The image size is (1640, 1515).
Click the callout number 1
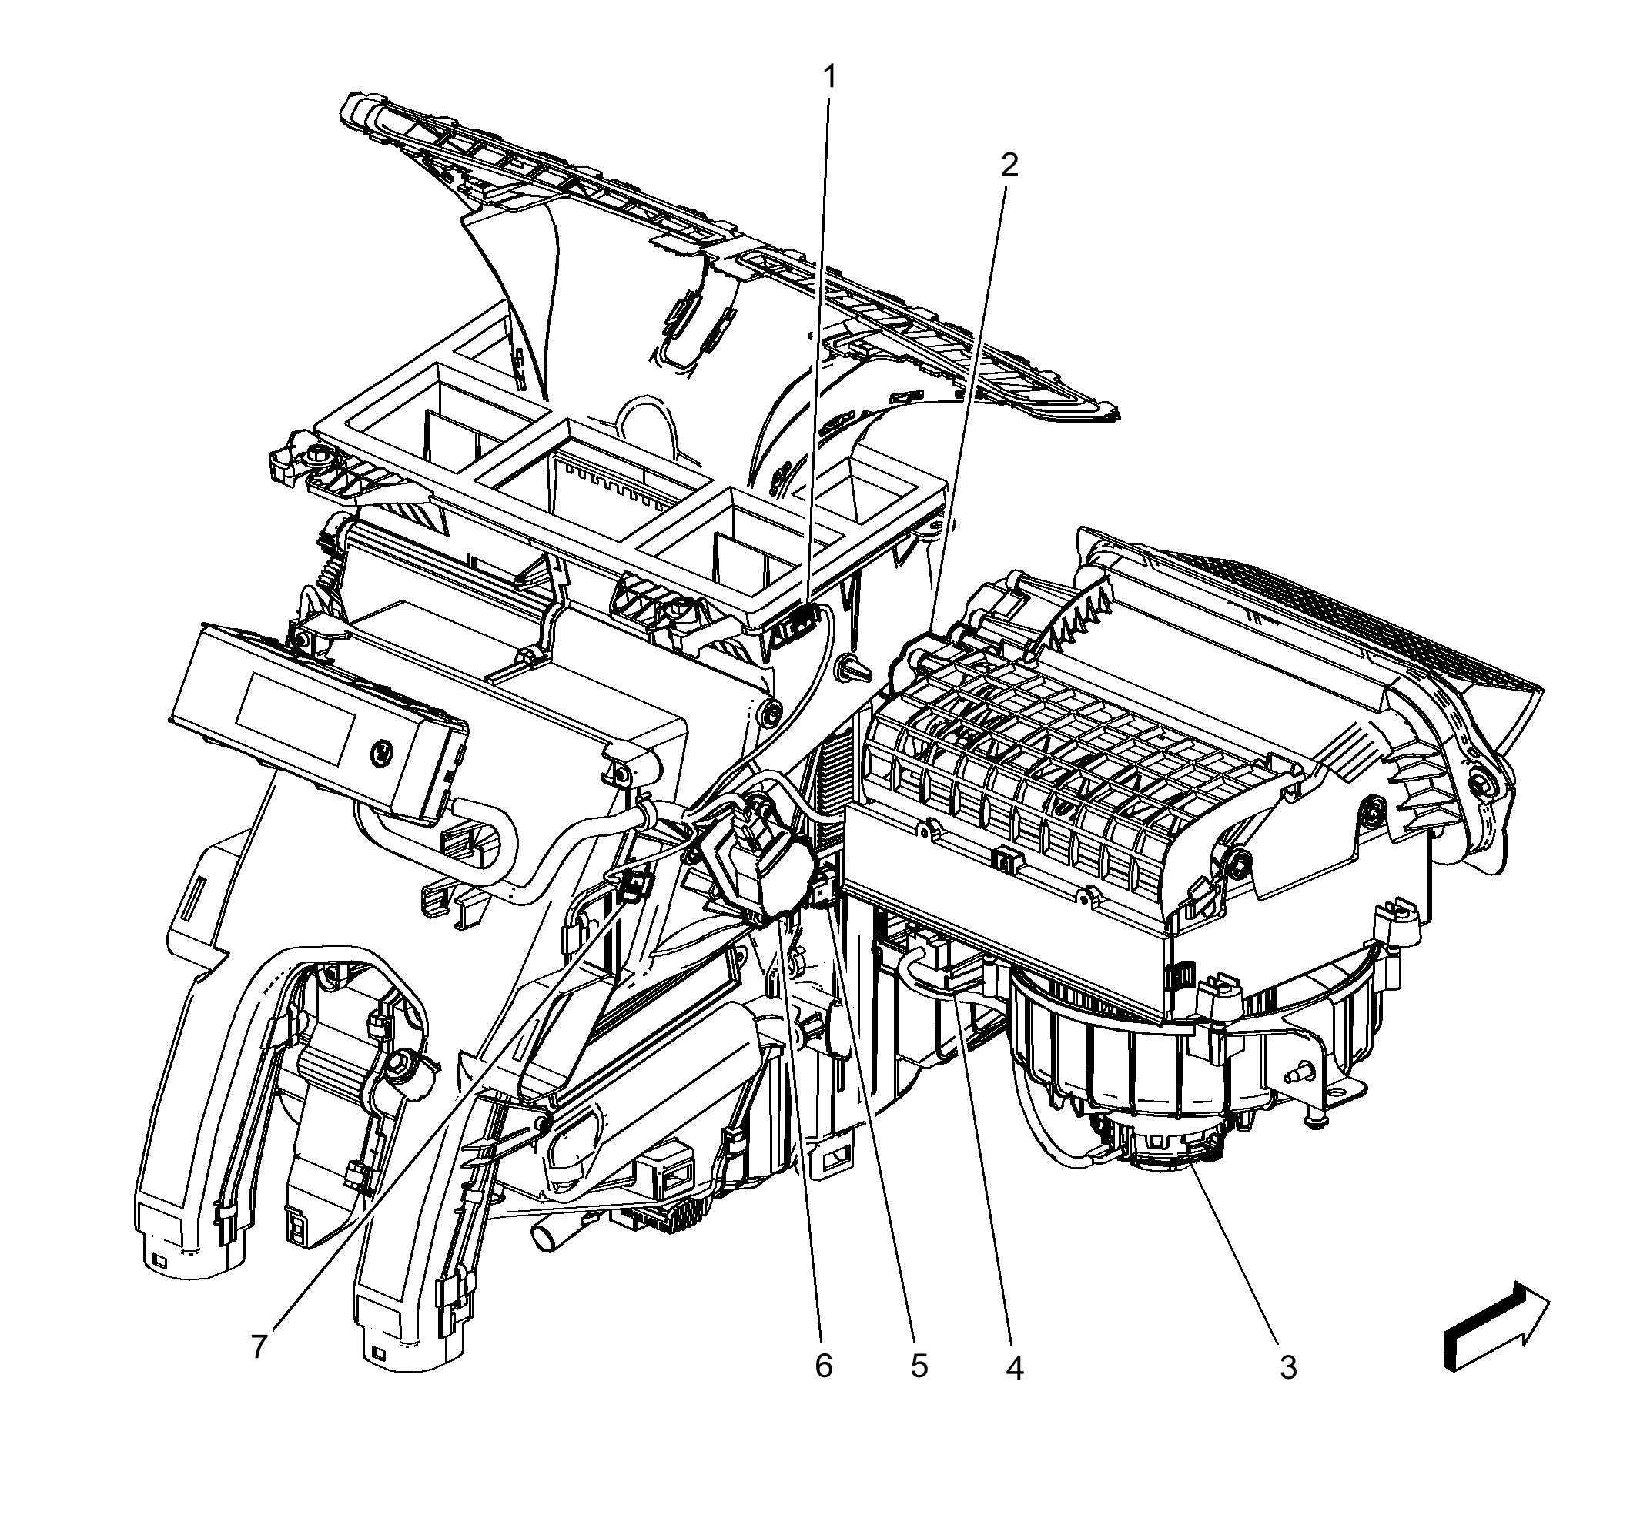coord(831,78)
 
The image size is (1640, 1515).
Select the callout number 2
coord(1009,166)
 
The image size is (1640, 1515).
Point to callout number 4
coord(1014,1366)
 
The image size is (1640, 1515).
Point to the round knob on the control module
coord(380,751)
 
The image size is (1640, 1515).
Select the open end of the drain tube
coord(542,1237)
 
